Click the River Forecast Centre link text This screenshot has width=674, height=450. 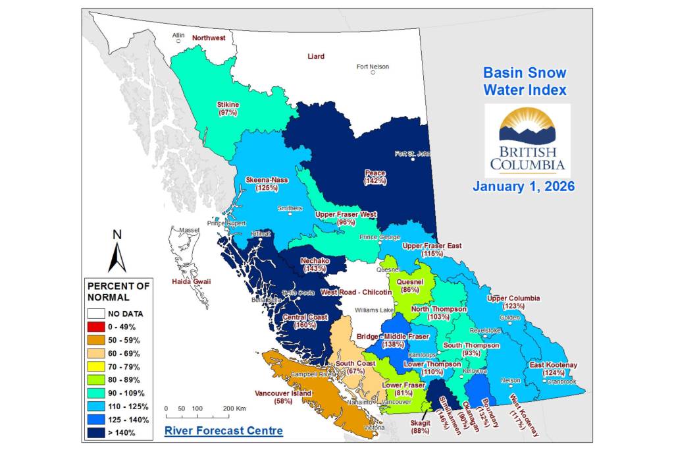point(223,431)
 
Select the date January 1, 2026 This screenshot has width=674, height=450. point(524,186)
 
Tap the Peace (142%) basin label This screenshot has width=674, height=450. point(376,177)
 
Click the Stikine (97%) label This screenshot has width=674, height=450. point(228,109)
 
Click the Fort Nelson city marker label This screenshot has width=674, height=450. point(373,67)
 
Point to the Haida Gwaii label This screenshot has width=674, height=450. point(191,282)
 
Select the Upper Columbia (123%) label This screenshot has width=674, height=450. point(513,302)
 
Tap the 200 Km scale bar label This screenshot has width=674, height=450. point(234,408)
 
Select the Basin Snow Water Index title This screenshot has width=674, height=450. point(525,81)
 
